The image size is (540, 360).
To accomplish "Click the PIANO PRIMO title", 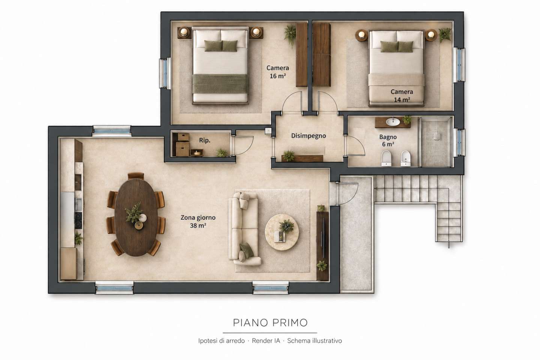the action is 270,322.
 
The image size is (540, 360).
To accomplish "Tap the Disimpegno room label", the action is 308,136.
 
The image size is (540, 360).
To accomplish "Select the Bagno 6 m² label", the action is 388,141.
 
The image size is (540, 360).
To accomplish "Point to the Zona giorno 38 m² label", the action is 198,221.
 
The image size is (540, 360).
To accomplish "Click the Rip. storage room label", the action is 205,140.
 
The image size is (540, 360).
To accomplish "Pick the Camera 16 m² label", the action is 278,72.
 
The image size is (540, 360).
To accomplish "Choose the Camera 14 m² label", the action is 402,96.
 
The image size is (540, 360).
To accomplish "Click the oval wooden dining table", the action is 136,217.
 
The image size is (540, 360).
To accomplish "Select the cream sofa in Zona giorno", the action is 244,229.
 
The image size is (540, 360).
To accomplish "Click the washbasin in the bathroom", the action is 393,122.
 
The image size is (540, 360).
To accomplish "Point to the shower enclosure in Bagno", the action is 436,142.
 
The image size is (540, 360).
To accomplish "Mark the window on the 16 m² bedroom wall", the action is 165,73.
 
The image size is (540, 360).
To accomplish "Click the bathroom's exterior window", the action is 459,142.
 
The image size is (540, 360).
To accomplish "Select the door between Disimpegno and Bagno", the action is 355,145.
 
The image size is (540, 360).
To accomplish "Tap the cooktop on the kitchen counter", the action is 78,220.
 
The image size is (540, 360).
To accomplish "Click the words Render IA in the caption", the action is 266,341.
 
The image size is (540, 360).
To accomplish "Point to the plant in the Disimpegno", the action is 288,156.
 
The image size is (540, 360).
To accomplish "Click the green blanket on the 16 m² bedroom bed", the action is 220,83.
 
